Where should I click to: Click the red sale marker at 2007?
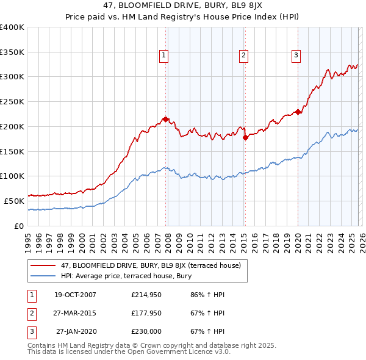point(165,119)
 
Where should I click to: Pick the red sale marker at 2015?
point(245,137)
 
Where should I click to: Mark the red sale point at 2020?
point(298,112)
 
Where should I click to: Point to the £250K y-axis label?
point(12,102)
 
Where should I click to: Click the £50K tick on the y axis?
point(14,201)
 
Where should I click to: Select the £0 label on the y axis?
point(20,226)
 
